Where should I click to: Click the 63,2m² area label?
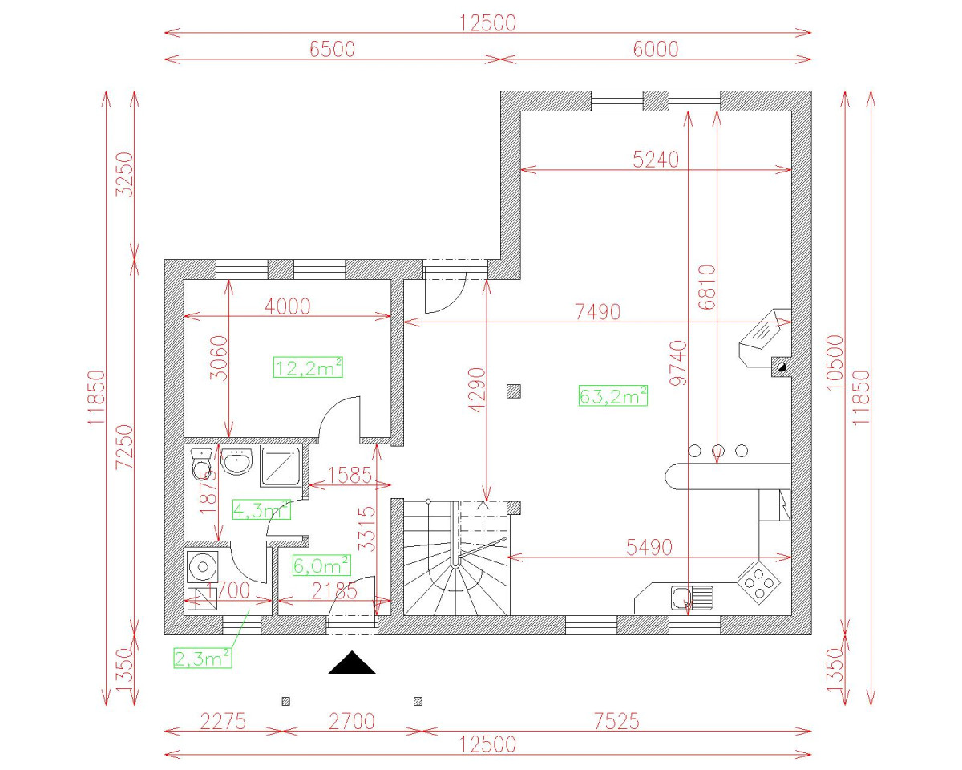612,395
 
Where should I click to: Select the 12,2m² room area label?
309,367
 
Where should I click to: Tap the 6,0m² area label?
321,565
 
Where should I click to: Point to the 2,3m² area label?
203,658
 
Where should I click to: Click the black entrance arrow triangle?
351,663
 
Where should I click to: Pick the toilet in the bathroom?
202,464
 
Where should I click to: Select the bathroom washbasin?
236,462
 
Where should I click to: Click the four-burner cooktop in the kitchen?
758,579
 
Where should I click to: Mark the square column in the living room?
514,391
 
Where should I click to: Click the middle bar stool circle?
718,451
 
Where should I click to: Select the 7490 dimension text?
598,312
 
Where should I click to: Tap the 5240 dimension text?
655,160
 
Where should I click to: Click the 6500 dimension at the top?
332,49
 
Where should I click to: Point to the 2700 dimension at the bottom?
352,721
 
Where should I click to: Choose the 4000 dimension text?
287,306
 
